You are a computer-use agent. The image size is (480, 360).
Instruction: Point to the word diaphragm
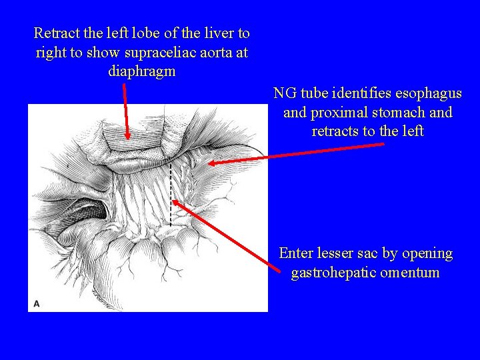[x=141, y=71]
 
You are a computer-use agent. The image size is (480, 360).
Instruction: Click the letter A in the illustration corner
[x=37, y=303]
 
